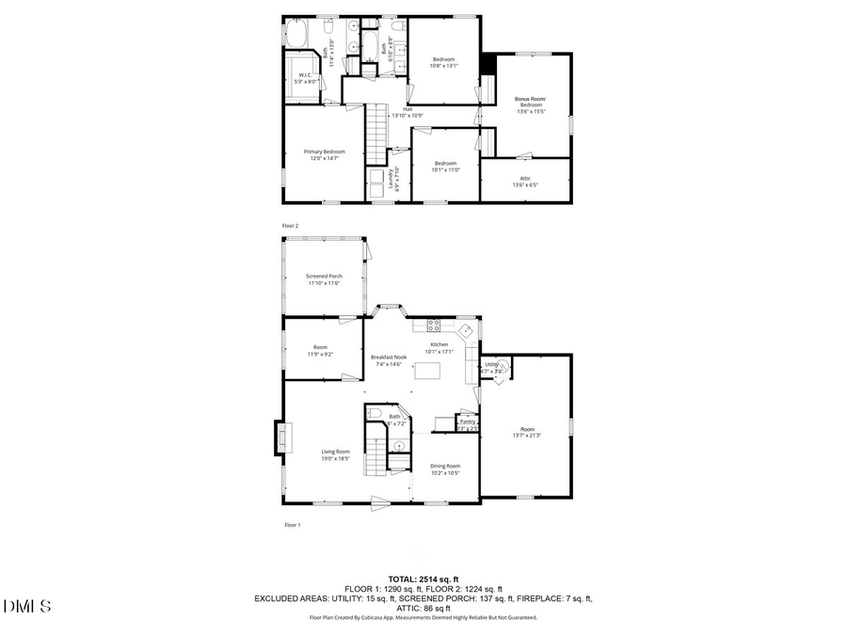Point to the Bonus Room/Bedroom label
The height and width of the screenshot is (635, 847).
coord(530,102)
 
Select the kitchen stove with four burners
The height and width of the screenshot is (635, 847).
coord(434,325)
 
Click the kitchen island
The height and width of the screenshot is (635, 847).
coord(427,370)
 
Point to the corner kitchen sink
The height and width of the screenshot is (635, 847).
coord(465,332)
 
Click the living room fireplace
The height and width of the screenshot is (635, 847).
coord(281,438)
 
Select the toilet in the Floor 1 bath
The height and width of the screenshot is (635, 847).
coord(375,414)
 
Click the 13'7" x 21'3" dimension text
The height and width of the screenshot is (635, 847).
coord(527,435)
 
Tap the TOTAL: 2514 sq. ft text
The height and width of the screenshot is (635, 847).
coord(423,579)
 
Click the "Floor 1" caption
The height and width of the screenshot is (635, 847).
coord(292,525)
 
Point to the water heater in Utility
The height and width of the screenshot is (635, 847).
coord(501,367)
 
